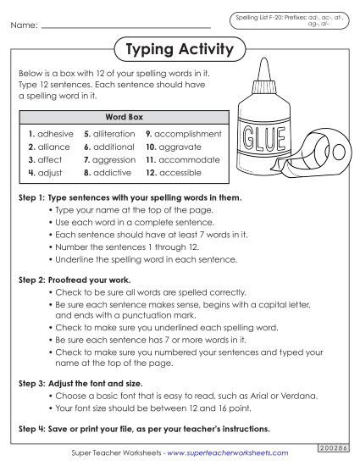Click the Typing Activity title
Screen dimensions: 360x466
(179, 50)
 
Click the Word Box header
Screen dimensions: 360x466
(122, 116)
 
